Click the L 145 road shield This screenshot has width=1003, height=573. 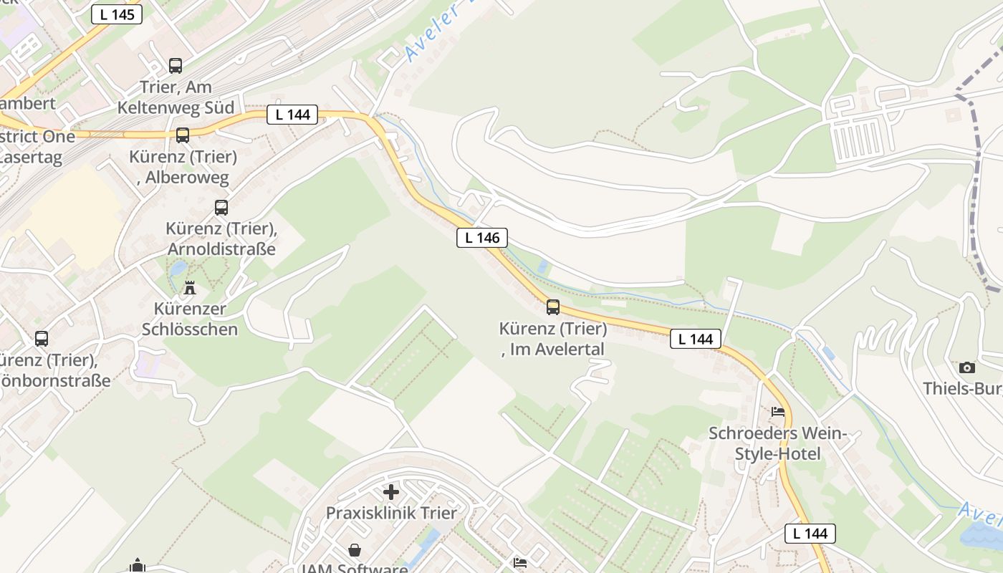(117, 14)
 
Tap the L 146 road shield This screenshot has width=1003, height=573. (482, 238)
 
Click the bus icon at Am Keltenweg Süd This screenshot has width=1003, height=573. (176, 66)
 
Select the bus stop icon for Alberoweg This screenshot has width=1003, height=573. (183, 135)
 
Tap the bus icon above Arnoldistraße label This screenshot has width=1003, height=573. (221, 208)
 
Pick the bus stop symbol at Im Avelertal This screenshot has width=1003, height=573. (553, 307)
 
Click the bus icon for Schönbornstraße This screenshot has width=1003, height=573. (42, 339)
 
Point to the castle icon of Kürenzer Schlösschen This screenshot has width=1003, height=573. (190, 288)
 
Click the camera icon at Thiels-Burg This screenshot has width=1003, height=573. (967, 367)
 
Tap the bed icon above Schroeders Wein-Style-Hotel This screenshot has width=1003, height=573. (778, 412)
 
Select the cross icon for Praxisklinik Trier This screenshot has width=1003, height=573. (391, 492)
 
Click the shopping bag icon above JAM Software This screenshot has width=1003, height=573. (355, 550)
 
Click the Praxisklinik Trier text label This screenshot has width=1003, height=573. (391, 513)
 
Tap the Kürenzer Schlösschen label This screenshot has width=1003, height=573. (190, 319)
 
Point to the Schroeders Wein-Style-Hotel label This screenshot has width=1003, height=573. (778, 443)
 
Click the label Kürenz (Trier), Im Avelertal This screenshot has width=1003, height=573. (553, 339)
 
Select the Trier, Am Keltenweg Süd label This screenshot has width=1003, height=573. (176, 97)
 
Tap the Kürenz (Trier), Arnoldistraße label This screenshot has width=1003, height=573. (221, 239)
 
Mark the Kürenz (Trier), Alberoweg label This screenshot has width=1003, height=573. (183, 167)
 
